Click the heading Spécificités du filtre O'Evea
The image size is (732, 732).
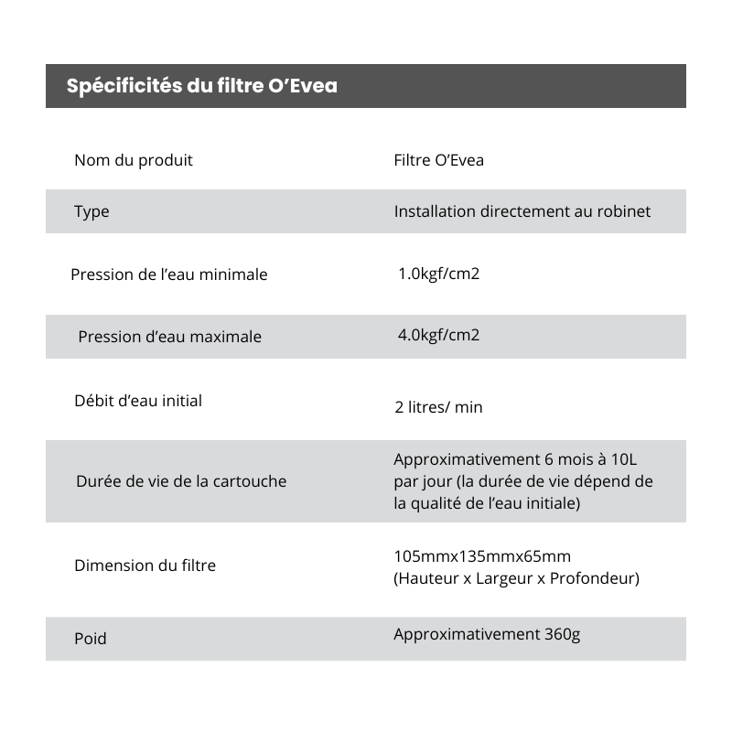coord(201,86)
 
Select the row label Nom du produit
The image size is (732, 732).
coord(134,160)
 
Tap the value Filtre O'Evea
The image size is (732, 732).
coord(439,160)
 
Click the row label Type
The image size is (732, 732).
coord(91,211)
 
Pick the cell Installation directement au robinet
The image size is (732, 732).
coord(522,211)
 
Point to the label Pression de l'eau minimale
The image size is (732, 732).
coord(169,274)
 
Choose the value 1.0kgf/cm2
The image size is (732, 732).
coord(438,274)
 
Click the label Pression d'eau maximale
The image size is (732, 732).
coord(170,337)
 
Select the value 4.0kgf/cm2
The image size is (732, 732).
coord(438,335)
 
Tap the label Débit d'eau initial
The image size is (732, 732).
coord(138,401)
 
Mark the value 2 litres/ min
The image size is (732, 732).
coord(438,407)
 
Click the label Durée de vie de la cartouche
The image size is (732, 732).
coord(181,481)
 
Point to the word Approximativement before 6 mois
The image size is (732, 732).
coord(454,459)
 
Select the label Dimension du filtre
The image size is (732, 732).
coord(145,565)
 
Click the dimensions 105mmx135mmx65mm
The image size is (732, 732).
coord(482,556)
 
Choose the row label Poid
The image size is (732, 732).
coord(91,639)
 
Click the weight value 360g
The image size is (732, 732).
coord(562,634)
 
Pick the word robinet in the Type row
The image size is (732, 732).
coord(626,211)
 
